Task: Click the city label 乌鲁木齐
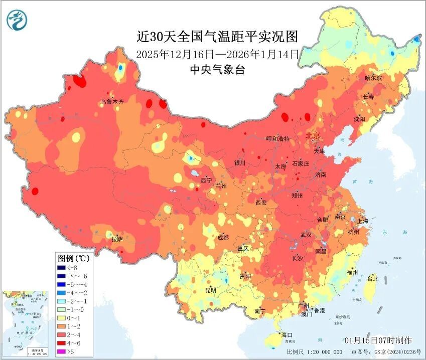[x=111, y=101]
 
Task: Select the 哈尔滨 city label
[x=373, y=78]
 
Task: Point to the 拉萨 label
[x=117, y=239]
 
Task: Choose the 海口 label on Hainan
[x=287, y=334]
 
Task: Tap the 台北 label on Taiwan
[x=372, y=278]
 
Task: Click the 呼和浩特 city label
[x=278, y=138]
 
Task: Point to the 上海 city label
[x=363, y=221]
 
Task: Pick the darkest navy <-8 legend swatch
[x=64, y=268]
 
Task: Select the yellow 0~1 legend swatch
[x=64, y=318]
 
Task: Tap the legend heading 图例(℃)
[x=74, y=258]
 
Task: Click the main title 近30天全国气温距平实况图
[x=217, y=37]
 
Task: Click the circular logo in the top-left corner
[x=17, y=20]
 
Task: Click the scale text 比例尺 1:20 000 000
[x=315, y=352]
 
